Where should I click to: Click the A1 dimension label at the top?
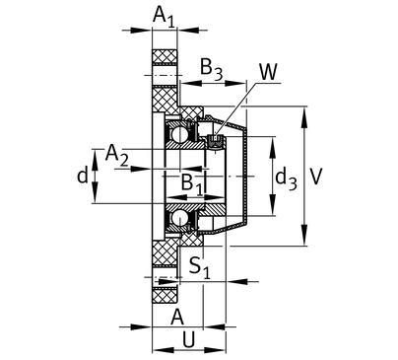(x=164, y=16)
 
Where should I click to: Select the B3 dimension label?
(x=211, y=70)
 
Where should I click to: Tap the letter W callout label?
(x=268, y=71)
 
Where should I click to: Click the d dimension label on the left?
(x=83, y=175)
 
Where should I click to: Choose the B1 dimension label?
(x=192, y=183)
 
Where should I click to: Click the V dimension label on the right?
(x=316, y=177)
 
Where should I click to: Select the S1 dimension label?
(x=200, y=267)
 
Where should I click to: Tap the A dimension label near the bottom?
(x=177, y=318)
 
